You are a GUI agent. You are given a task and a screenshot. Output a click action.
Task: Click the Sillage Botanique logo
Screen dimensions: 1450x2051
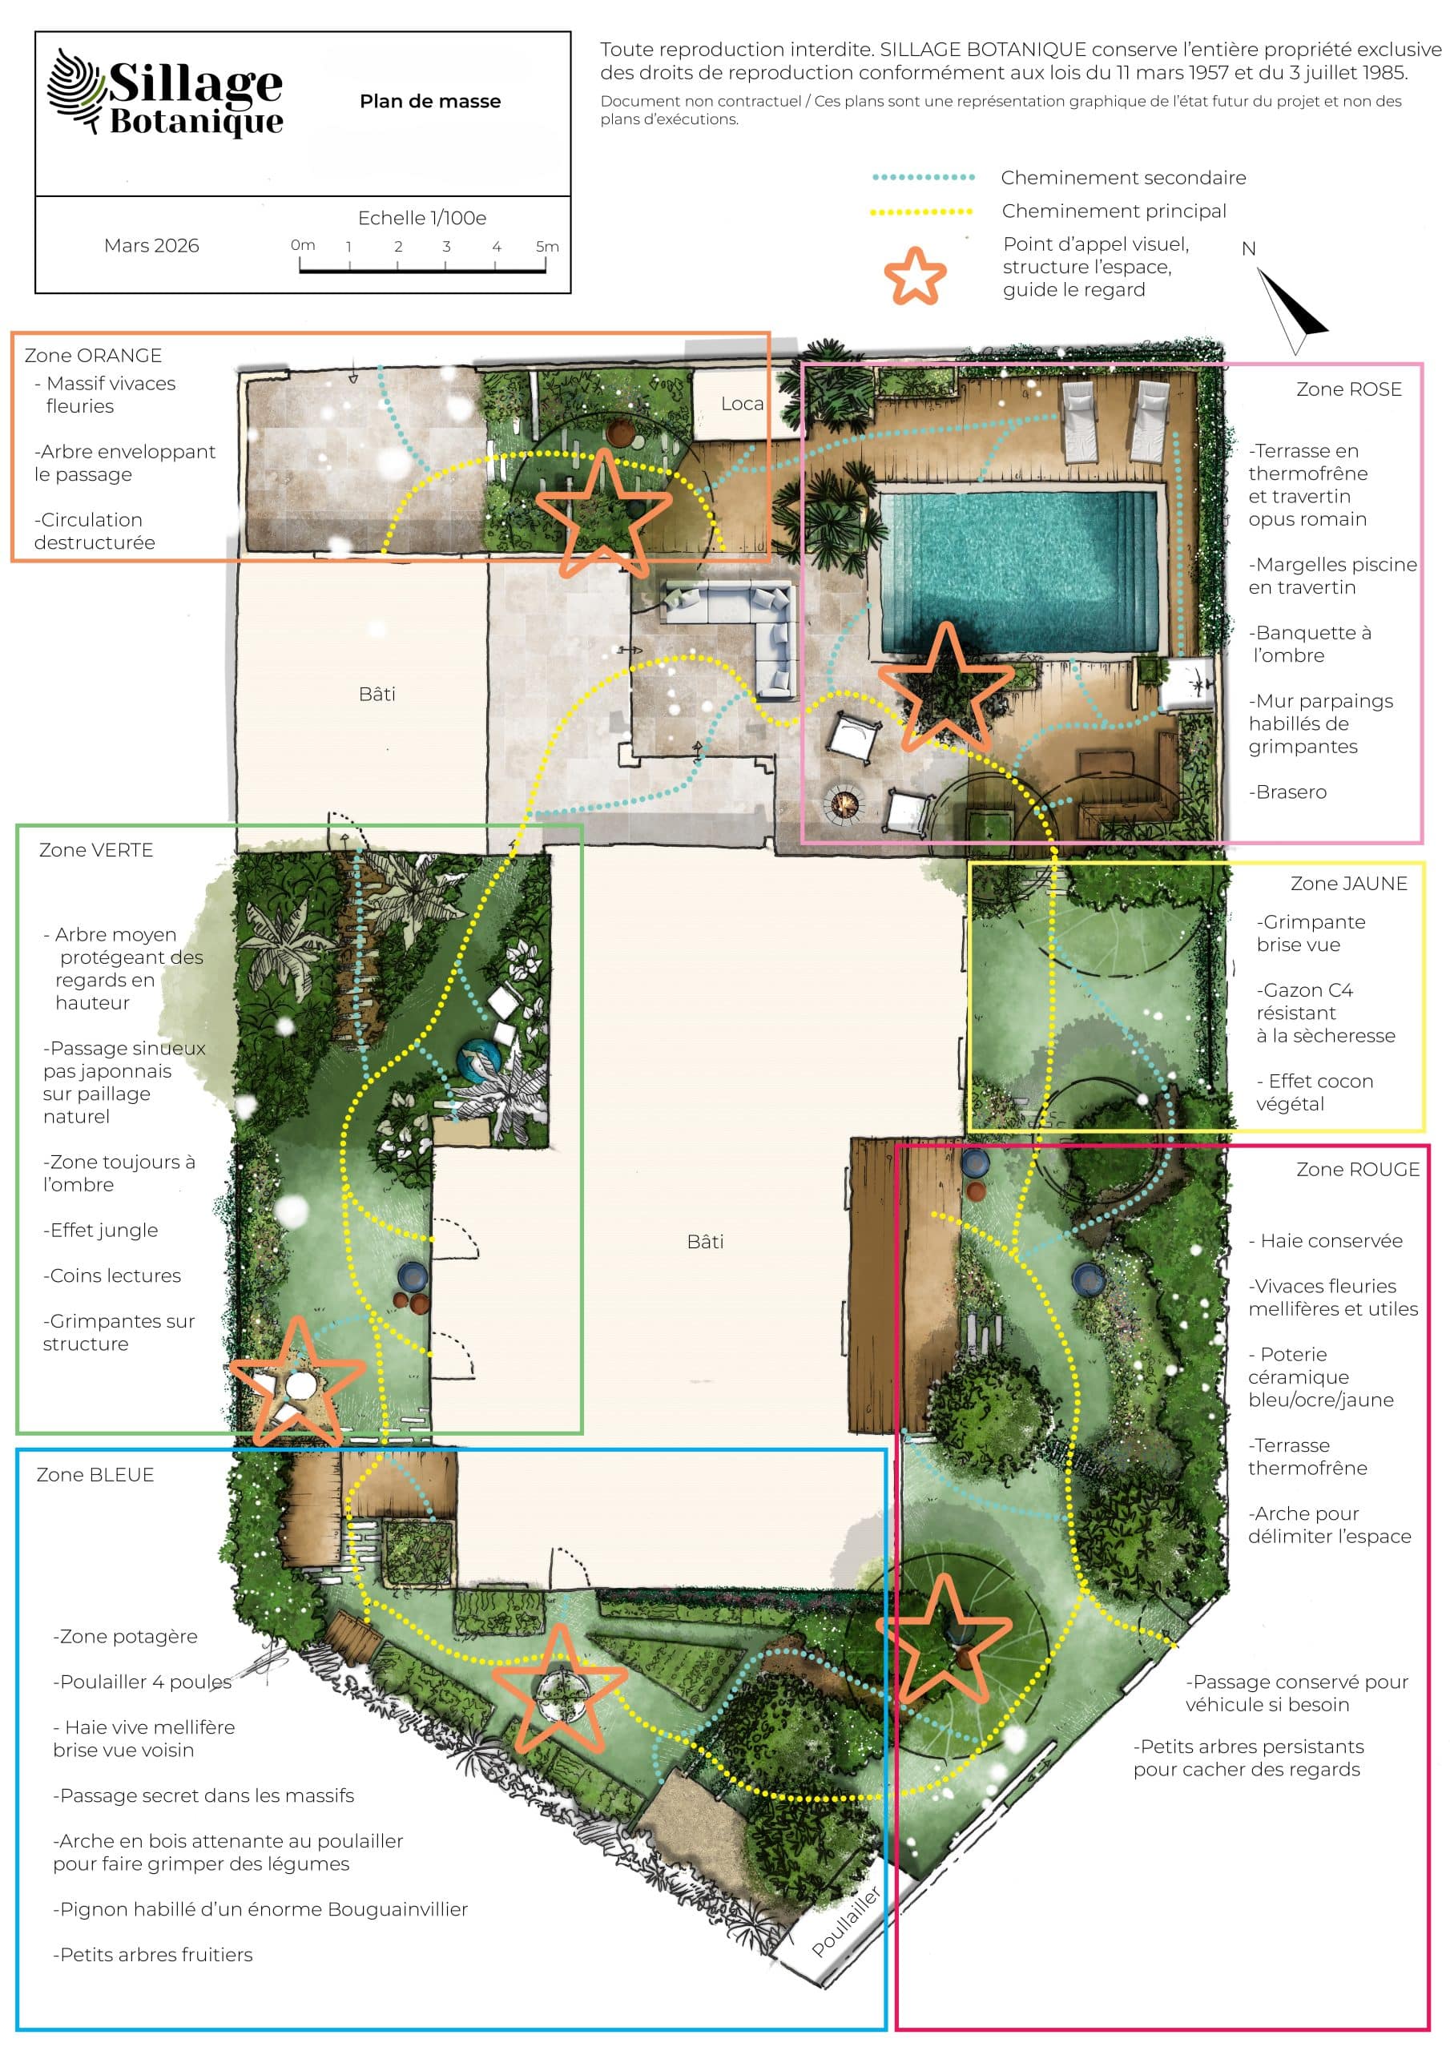click(x=165, y=92)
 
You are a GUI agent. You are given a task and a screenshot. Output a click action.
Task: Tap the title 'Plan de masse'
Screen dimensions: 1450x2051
click(x=429, y=102)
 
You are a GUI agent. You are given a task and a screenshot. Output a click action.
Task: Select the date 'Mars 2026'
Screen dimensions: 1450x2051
click(x=151, y=246)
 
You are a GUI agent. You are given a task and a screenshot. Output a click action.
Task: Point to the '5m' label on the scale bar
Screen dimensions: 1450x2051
click(x=547, y=246)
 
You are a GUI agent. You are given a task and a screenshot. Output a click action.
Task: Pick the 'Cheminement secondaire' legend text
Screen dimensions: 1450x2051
click(x=1123, y=178)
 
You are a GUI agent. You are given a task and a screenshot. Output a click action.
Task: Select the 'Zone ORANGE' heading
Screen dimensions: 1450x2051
click(x=93, y=356)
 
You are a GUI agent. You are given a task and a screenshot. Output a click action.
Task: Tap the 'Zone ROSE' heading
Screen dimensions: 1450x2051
click(x=1348, y=389)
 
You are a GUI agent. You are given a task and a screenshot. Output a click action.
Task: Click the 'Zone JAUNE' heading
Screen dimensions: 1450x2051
click(x=1348, y=884)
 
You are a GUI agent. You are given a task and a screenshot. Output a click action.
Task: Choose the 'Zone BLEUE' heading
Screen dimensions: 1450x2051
click(x=95, y=1475)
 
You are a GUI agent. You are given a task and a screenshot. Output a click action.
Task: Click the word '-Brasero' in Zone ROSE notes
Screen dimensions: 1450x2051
click(x=1287, y=792)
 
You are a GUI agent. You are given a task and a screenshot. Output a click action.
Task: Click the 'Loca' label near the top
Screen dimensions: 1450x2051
click(x=743, y=404)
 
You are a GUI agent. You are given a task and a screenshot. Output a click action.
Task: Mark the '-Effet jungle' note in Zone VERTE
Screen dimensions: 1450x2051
click(x=101, y=1230)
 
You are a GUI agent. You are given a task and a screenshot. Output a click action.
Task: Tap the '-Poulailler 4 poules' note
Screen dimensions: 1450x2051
click(x=142, y=1682)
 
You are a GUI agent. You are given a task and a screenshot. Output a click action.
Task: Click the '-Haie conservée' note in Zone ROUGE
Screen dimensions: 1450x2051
click(x=1326, y=1241)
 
